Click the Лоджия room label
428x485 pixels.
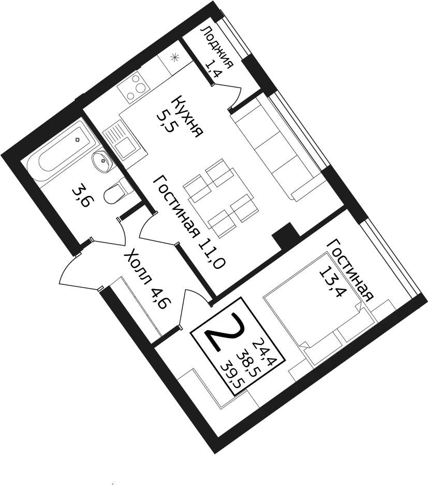click(x=217, y=47)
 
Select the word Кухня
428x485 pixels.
click(x=188, y=117)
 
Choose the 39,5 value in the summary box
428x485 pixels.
click(x=233, y=377)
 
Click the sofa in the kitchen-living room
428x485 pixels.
click(x=276, y=148)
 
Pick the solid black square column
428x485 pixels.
click(x=286, y=235)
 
